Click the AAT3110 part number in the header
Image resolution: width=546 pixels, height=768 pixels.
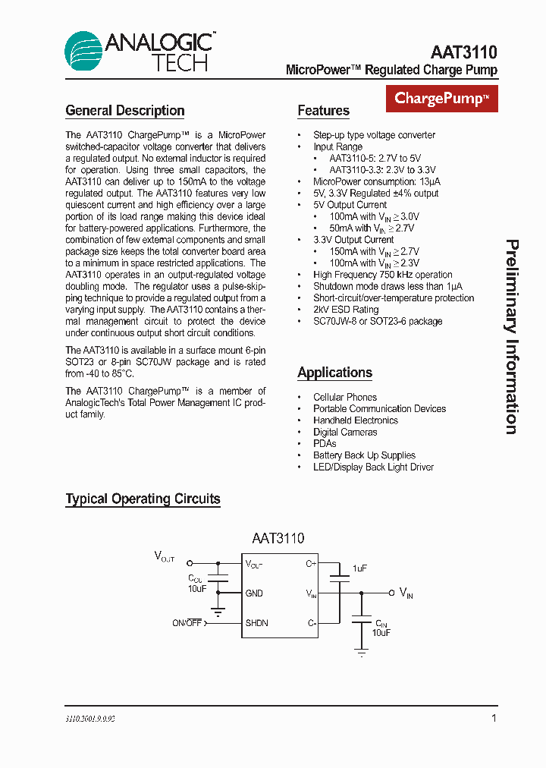[463, 52]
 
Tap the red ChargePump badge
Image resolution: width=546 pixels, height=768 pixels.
[441, 99]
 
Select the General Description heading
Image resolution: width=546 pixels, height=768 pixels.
[125, 111]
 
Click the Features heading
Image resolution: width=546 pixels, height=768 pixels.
[323, 111]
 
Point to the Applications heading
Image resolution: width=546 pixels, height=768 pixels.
[334, 373]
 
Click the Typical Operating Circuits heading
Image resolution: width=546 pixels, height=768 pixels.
[143, 499]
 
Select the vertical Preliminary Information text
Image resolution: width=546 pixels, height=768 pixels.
[512, 337]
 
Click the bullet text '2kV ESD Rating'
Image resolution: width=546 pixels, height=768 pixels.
[346, 310]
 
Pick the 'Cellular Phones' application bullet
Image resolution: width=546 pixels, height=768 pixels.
[345, 397]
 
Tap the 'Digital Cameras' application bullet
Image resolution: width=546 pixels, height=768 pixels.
[345, 432]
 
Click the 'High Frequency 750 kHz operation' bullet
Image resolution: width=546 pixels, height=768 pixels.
[382, 275]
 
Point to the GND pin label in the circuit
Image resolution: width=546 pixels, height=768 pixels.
[254, 593]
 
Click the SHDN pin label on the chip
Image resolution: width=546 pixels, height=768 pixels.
[256, 623]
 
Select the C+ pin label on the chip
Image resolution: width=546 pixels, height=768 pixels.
[310, 564]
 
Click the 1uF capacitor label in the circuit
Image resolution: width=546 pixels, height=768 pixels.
[359, 568]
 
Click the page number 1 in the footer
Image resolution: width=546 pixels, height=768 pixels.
[494, 718]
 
